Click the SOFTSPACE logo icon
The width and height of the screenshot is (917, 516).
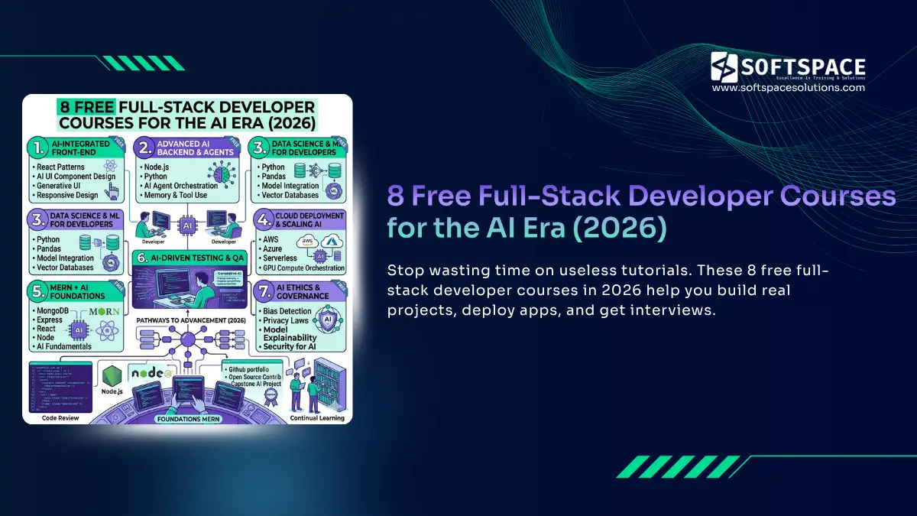coord(724,67)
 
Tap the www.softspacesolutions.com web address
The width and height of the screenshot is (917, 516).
coord(788,88)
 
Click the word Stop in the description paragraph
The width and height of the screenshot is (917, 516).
coord(403,271)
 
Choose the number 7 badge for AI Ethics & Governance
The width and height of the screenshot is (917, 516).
coord(263,290)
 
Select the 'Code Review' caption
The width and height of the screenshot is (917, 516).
coord(60,417)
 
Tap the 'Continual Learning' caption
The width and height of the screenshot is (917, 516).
coord(317,418)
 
